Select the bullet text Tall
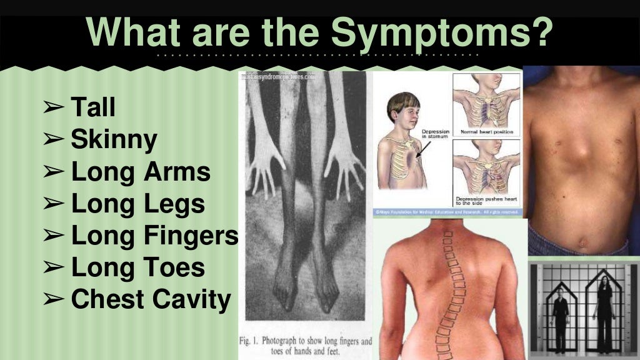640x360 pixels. point(93,107)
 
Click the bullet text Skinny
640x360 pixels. point(114,139)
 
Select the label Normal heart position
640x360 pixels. point(486,132)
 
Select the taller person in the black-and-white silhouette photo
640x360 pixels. point(604,312)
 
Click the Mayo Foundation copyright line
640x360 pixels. point(447,212)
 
